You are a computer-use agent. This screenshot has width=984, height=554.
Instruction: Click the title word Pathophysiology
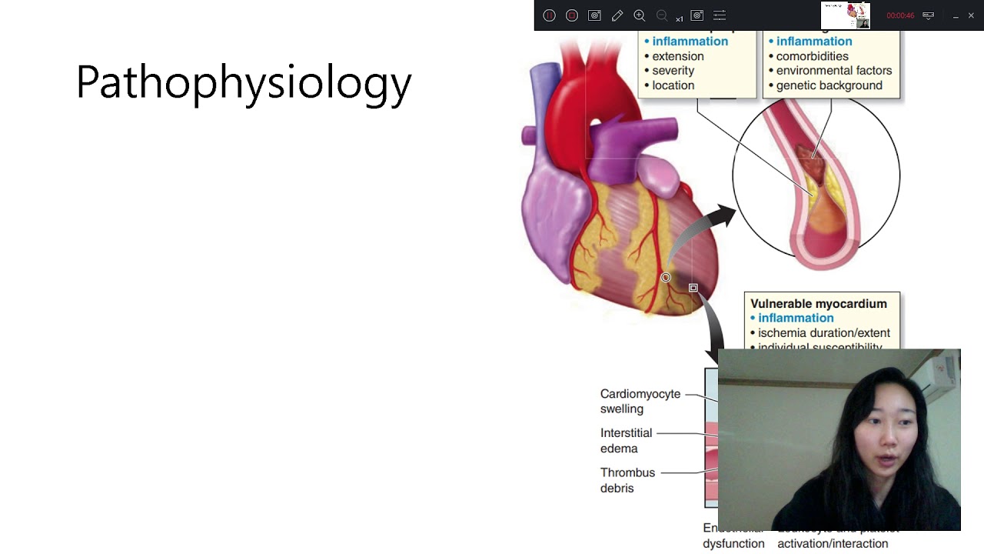click(244, 82)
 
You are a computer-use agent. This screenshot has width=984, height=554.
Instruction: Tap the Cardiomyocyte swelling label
click(640, 401)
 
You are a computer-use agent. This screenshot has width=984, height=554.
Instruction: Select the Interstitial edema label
click(626, 440)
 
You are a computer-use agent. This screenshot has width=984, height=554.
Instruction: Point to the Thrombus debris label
click(627, 479)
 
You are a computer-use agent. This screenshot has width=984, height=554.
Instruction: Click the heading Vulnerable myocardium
click(818, 304)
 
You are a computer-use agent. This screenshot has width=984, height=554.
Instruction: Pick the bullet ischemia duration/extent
click(823, 333)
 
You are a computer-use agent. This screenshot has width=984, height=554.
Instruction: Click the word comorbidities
click(812, 56)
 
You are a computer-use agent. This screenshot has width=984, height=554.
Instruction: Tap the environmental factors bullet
click(833, 71)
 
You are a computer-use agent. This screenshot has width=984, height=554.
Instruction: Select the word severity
click(673, 71)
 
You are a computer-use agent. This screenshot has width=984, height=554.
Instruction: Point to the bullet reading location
click(673, 85)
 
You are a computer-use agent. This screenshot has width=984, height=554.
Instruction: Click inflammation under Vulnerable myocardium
click(795, 319)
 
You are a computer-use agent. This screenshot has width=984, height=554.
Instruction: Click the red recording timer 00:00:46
click(900, 15)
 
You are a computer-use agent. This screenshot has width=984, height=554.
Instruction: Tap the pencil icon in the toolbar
click(617, 15)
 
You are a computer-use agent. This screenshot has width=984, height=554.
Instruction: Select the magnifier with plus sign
click(640, 15)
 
